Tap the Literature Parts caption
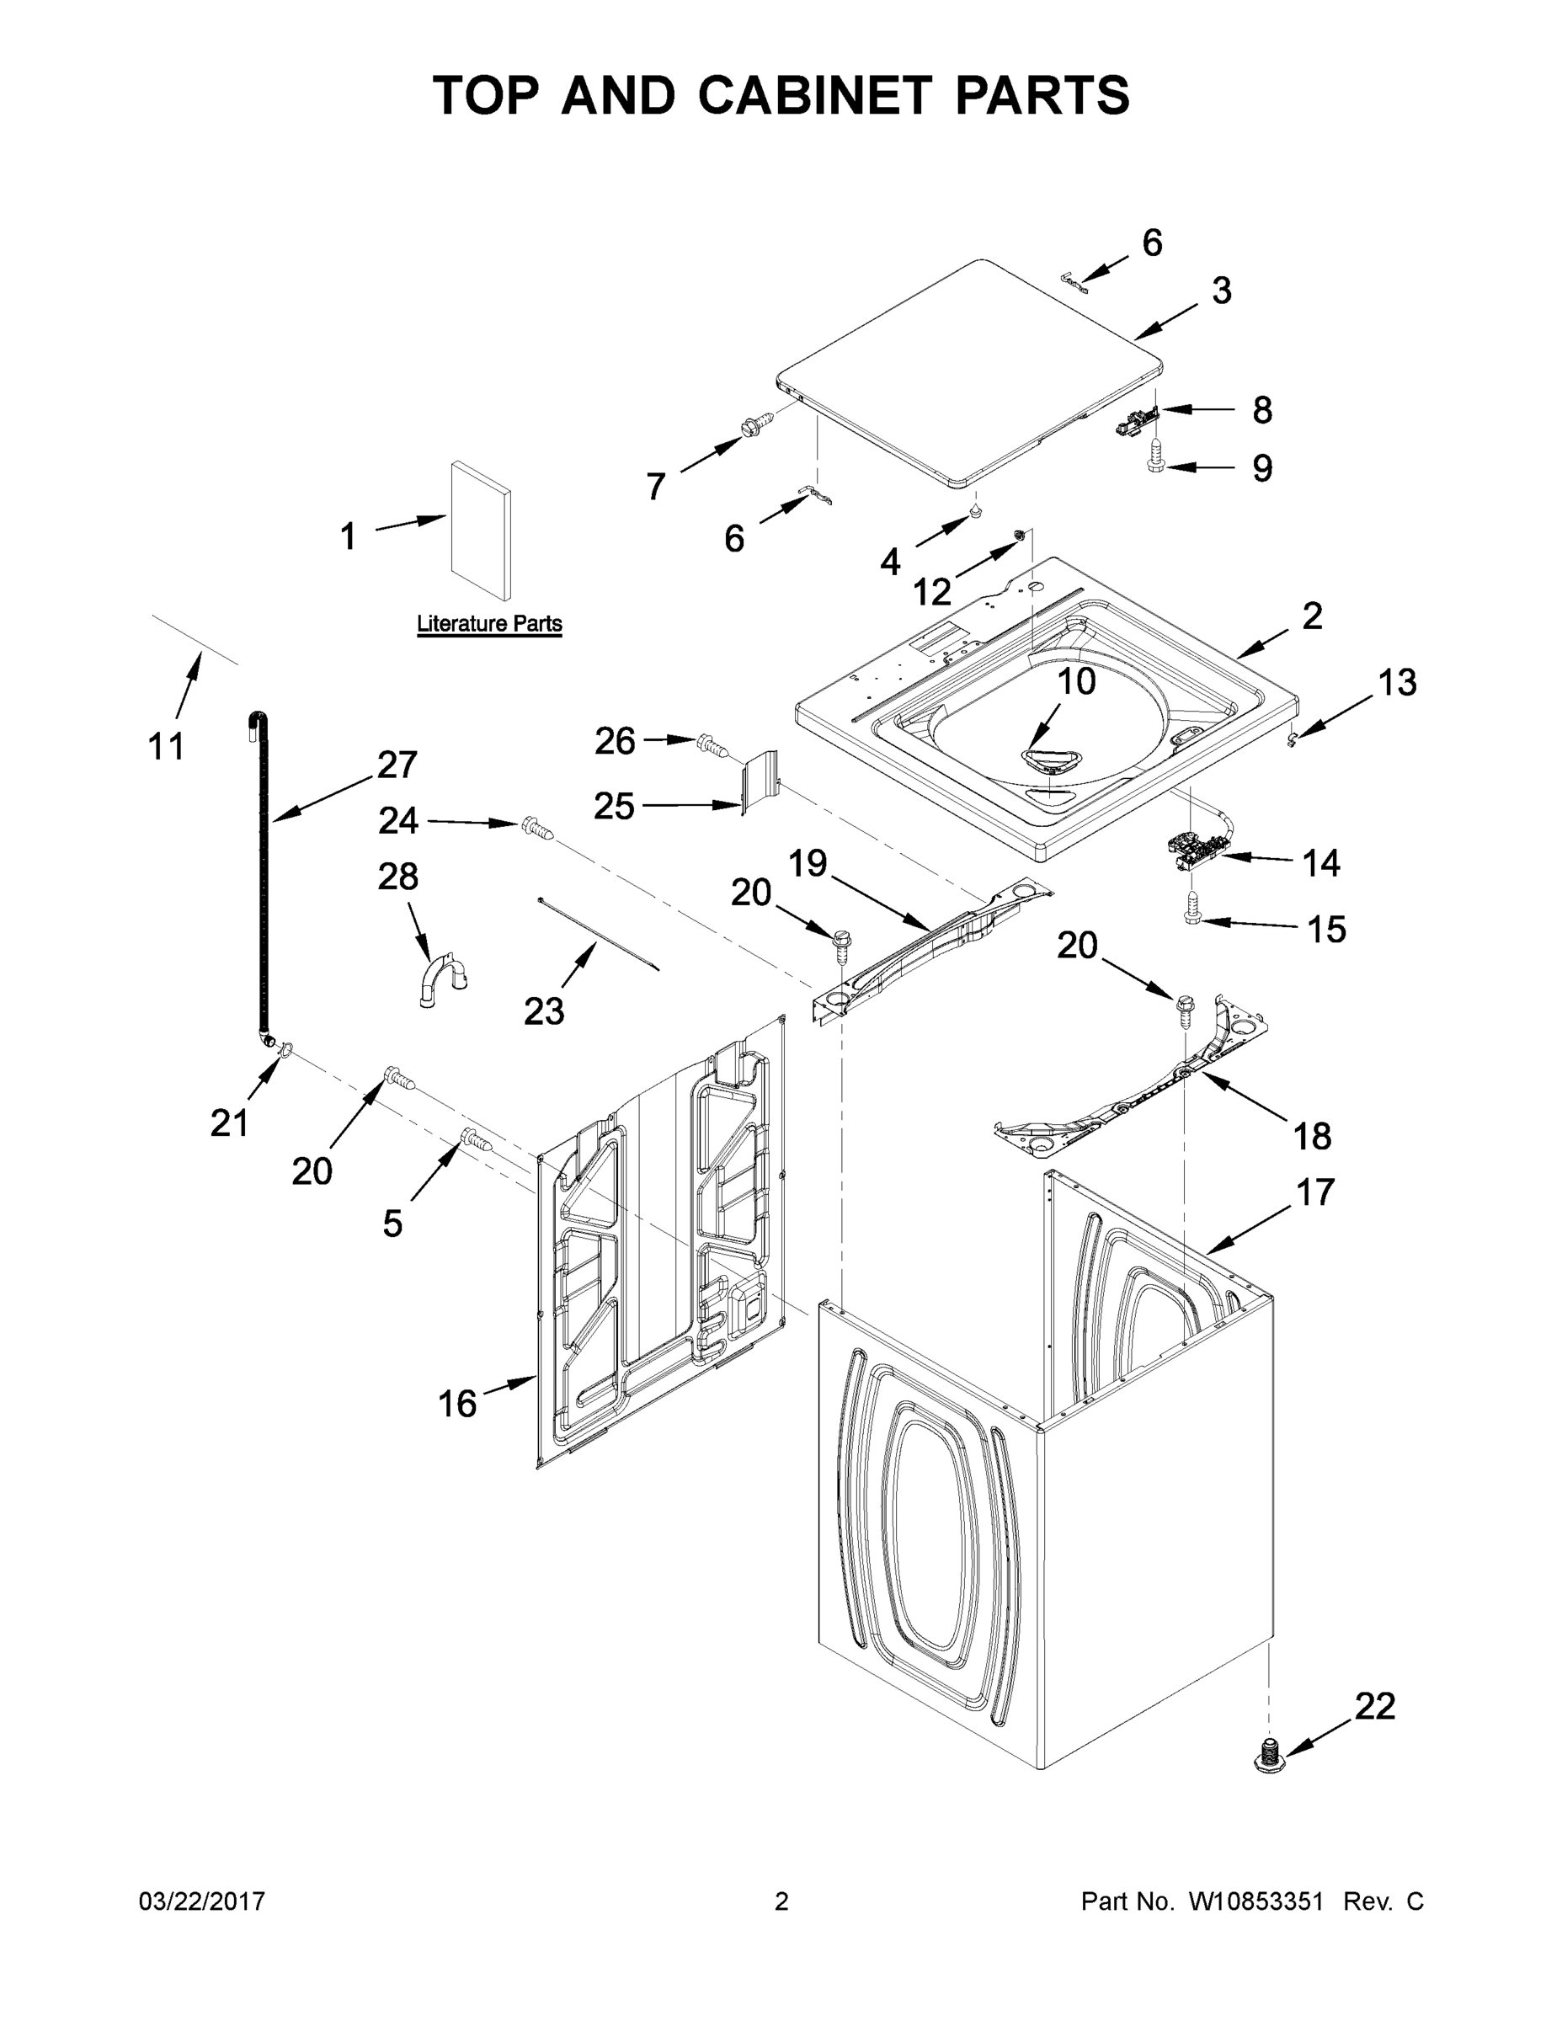click(x=489, y=624)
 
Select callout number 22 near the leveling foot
click(x=1374, y=1705)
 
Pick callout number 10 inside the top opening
click(x=1076, y=682)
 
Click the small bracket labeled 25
click(x=761, y=782)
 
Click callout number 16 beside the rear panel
click(x=457, y=1404)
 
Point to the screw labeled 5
click(x=476, y=1140)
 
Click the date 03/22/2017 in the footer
click(x=202, y=1901)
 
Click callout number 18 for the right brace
click(x=1312, y=1135)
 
